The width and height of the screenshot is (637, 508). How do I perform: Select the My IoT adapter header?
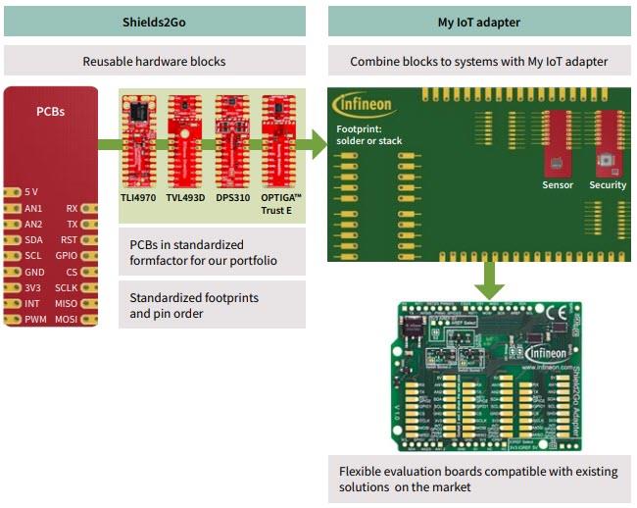(478, 22)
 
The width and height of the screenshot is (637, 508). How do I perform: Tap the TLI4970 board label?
(139, 196)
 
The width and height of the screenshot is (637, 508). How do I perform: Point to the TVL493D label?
(186, 196)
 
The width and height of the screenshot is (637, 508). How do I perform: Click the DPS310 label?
(232, 196)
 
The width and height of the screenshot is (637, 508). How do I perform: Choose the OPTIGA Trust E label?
(282, 202)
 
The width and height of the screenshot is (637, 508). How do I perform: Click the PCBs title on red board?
(49, 111)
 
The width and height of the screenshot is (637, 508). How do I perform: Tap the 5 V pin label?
(32, 192)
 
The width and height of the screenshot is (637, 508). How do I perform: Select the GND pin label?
(34, 272)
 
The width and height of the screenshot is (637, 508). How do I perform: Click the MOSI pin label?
(67, 319)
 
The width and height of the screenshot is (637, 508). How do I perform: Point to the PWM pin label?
(35, 319)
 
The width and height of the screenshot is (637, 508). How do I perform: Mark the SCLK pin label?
(67, 287)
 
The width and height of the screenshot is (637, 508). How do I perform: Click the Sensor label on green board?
(558, 185)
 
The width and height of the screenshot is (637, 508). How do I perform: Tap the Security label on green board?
(608, 185)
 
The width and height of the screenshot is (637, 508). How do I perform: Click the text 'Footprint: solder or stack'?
(368, 134)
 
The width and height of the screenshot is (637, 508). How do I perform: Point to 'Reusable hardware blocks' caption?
(154, 61)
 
